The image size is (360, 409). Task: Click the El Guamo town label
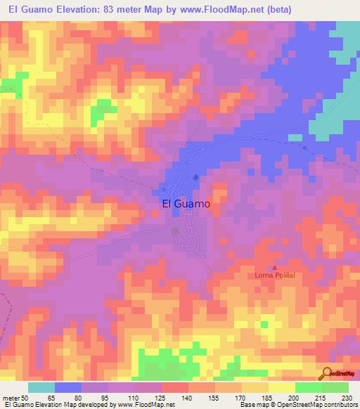coord(186,203)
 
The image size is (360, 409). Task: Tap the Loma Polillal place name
coord(275,275)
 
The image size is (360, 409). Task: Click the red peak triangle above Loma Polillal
coord(275,267)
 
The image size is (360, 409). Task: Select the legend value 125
coord(162,398)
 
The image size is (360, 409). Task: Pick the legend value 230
coord(347,398)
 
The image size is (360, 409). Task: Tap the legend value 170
coord(241,398)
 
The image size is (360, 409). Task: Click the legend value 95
coord(108,398)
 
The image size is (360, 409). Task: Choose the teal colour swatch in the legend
coord(41,387)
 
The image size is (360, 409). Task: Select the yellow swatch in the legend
coord(282,387)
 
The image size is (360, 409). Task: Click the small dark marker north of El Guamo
coord(195,177)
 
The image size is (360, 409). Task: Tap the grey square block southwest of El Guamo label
coord(176,231)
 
